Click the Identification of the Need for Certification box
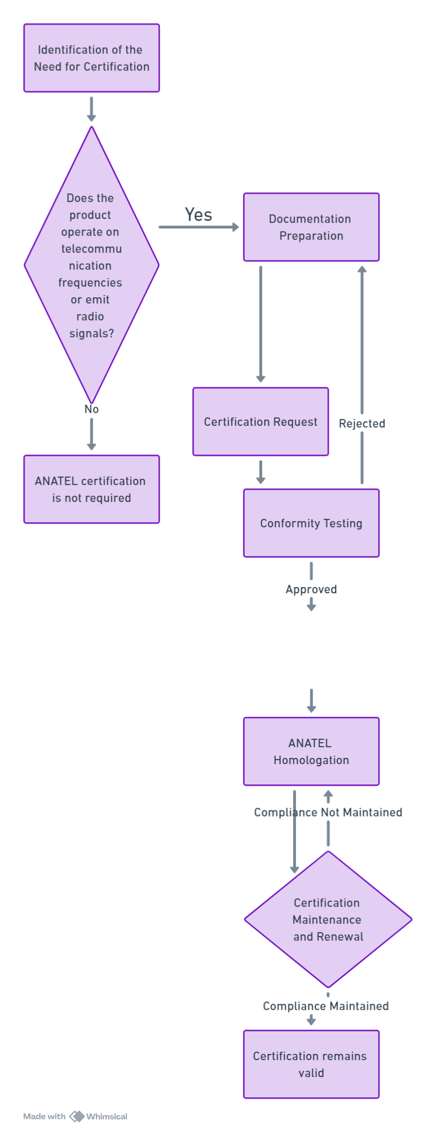click(x=91, y=58)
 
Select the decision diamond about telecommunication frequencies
click(x=91, y=265)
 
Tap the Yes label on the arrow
click(x=198, y=215)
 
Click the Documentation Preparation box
click(x=311, y=227)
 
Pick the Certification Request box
click(x=261, y=422)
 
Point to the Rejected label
click(x=362, y=423)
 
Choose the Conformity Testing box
click(x=311, y=523)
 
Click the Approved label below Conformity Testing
click(x=311, y=590)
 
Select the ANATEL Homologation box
click(x=311, y=752)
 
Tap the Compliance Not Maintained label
click(x=328, y=813)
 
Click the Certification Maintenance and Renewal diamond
click(x=328, y=920)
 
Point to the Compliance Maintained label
click(x=326, y=1007)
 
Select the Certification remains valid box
click(x=311, y=1065)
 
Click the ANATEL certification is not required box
click(x=91, y=489)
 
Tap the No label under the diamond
click(x=91, y=409)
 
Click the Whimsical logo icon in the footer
click(x=77, y=1117)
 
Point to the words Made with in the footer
click(x=45, y=1117)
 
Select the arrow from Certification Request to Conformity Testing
click(x=261, y=473)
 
